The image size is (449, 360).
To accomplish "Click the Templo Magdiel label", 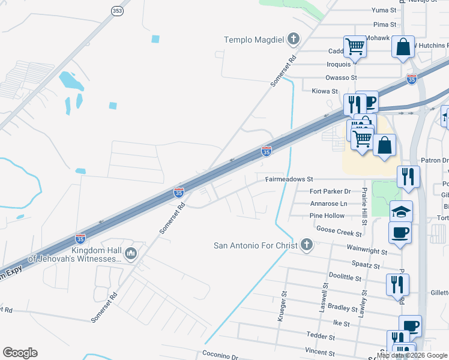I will click(253, 40).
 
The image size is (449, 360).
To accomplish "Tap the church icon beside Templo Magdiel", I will click(294, 40).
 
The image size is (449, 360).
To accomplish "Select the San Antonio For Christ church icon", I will click(307, 245).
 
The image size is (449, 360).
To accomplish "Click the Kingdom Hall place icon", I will click(131, 254).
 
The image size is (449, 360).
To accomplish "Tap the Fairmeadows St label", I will click(289, 179).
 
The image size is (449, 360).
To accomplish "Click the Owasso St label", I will click(341, 77).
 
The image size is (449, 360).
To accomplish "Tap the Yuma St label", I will click(384, 10).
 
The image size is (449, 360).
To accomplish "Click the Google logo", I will click(20, 353).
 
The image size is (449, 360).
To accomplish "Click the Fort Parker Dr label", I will click(330, 191).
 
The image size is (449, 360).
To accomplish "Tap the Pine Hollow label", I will click(327, 215).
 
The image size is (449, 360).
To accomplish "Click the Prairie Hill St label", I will click(364, 202).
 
